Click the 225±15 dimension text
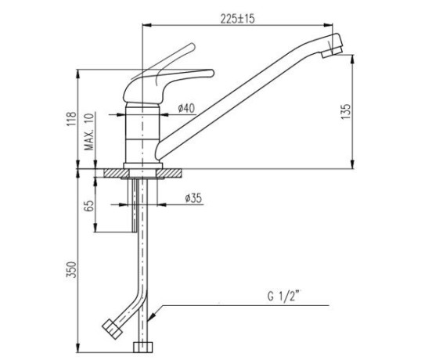(x=237, y=19)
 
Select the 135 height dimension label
(x=347, y=111)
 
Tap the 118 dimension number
(x=71, y=119)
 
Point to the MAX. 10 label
(x=89, y=131)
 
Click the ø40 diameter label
(x=186, y=108)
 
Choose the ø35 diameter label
(x=193, y=198)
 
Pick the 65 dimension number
(x=89, y=205)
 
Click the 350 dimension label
(x=71, y=269)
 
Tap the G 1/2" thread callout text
(x=283, y=297)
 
